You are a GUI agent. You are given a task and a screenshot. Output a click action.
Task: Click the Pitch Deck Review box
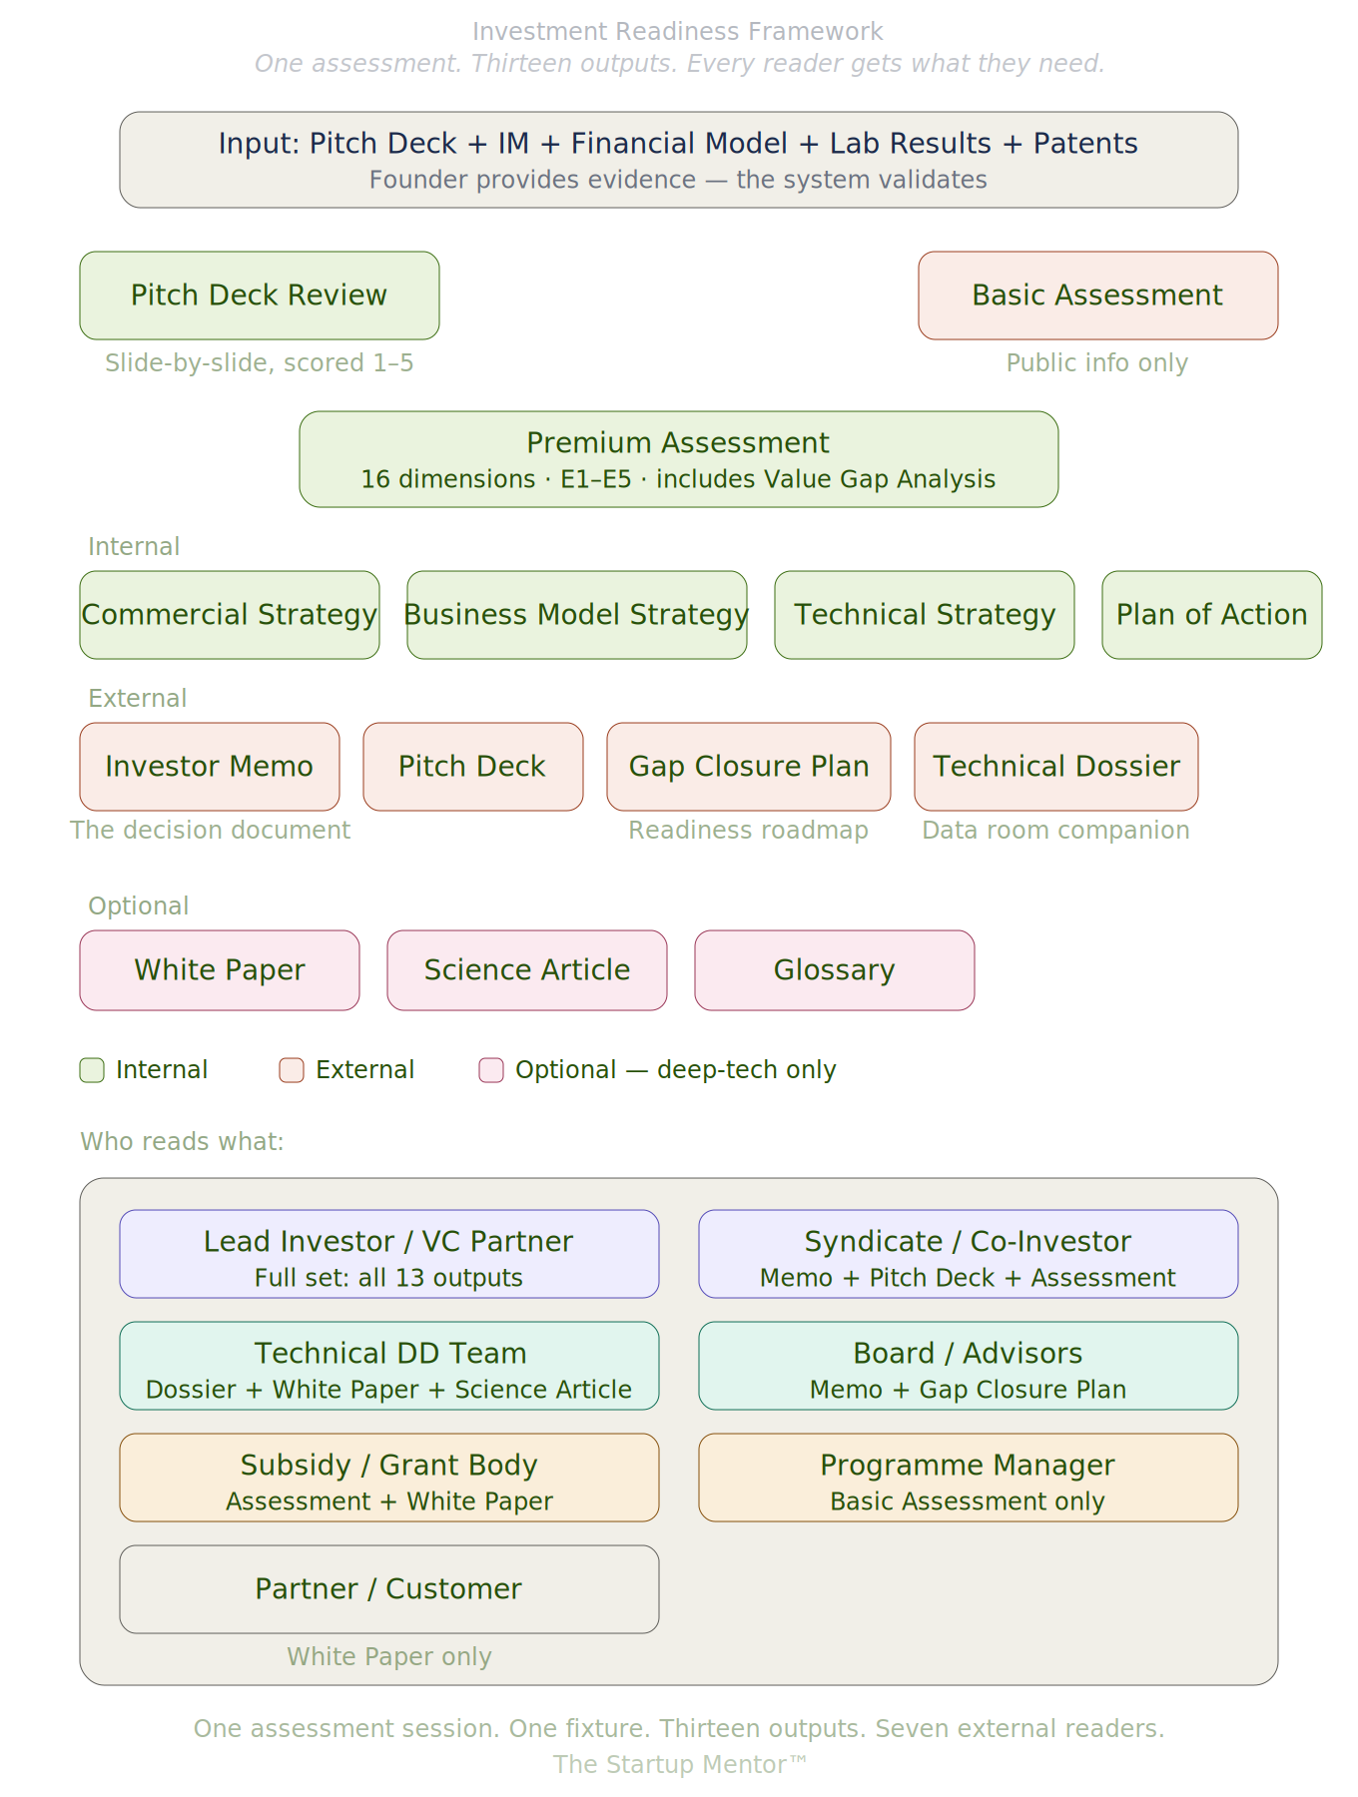(x=260, y=296)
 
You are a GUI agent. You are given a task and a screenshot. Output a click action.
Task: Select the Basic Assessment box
(x=1097, y=296)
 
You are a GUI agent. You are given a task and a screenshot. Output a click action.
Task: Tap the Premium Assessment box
(x=678, y=459)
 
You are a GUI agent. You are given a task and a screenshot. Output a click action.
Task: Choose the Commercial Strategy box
(x=230, y=615)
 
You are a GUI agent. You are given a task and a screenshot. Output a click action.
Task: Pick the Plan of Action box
(x=1211, y=615)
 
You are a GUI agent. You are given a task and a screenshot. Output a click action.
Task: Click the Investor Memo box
(x=210, y=767)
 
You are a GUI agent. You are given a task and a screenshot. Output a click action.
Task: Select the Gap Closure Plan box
(x=748, y=767)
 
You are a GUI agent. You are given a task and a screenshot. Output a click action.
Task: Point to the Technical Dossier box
(x=1055, y=767)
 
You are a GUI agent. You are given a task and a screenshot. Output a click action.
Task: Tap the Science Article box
(x=526, y=970)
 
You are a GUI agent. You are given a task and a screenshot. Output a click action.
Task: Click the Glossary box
(x=834, y=970)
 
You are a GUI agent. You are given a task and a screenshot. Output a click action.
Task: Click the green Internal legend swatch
(x=92, y=1070)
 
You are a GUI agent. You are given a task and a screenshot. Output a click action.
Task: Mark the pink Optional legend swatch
(x=491, y=1070)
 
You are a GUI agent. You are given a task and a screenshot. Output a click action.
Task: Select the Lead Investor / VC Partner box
(x=388, y=1254)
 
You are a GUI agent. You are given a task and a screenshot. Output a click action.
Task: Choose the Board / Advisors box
(x=968, y=1366)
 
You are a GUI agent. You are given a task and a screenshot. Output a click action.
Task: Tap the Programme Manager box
(x=968, y=1478)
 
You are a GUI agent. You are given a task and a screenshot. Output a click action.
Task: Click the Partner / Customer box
(x=388, y=1589)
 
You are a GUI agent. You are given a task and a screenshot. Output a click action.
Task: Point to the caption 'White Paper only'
(x=389, y=1657)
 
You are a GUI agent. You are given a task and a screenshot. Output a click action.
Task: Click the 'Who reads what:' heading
(x=182, y=1142)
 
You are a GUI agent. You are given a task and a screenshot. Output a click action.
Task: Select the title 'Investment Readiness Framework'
(x=678, y=32)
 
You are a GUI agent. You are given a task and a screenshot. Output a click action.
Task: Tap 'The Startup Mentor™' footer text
(x=679, y=1765)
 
